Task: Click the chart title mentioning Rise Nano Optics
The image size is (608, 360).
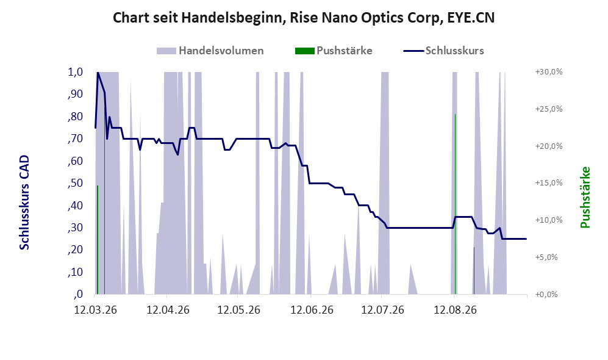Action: (x=304, y=18)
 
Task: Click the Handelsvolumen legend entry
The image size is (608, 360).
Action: (x=210, y=51)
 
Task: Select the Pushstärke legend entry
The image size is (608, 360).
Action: (x=334, y=51)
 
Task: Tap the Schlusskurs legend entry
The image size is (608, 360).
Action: (x=443, y=51)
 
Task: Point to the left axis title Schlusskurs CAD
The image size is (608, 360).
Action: (x=24, y=203)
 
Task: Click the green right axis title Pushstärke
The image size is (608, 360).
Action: (x=585, y=198)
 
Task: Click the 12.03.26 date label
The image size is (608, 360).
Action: (x=95, y=310)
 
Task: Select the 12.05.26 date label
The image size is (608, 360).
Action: (x=238, y=310)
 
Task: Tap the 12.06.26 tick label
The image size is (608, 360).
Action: (x=312, y=310)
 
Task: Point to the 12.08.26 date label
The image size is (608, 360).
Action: (x=455, y=310)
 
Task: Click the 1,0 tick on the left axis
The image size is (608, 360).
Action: (x=76, y=72)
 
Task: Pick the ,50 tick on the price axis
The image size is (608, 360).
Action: (x=76, y=183)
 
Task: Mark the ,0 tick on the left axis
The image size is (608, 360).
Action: (x=78, y=295)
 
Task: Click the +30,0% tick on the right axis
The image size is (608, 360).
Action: (x=549, y=72)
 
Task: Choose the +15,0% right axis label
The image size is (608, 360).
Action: (x=549, y=183)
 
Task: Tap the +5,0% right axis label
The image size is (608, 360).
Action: (x=546, y=257)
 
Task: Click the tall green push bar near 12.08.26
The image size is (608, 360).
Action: (x=455, y=204)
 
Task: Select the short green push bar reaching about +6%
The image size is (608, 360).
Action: (x=474, y=271)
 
